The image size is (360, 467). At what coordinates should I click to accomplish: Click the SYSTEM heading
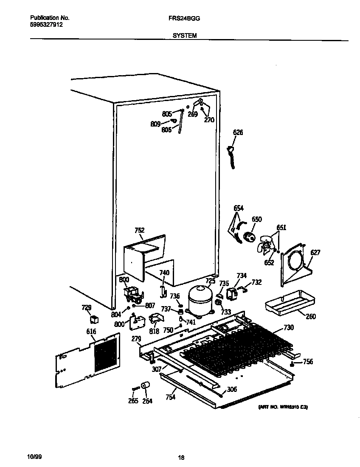pos(184,36)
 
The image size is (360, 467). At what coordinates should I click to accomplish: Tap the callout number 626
pos(238,133)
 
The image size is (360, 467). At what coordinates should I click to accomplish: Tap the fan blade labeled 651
pos(266,247)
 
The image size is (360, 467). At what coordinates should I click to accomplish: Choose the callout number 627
pos(315,253)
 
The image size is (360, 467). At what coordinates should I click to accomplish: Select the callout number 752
pos(140,231)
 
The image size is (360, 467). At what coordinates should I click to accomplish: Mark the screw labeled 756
pos(293,364)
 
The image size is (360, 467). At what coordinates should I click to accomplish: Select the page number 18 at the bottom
pos(181,458)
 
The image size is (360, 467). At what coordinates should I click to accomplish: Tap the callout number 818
pos(155,331)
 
